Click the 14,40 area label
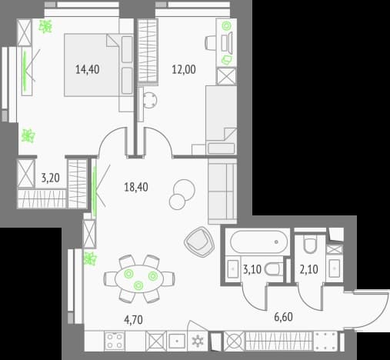88,69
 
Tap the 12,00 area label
184,69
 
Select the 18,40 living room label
136,187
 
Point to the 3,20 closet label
51,178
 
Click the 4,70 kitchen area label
133,320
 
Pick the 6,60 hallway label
283,317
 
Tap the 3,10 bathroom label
252,269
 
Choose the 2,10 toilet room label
308,269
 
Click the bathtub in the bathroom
258,242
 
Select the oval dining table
139,278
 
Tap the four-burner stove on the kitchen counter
115,341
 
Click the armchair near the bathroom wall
199,242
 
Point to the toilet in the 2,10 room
310,245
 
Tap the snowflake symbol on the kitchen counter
198,341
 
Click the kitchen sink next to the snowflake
177,342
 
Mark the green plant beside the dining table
90,258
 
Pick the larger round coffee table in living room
184,190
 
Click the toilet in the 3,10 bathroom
273,270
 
